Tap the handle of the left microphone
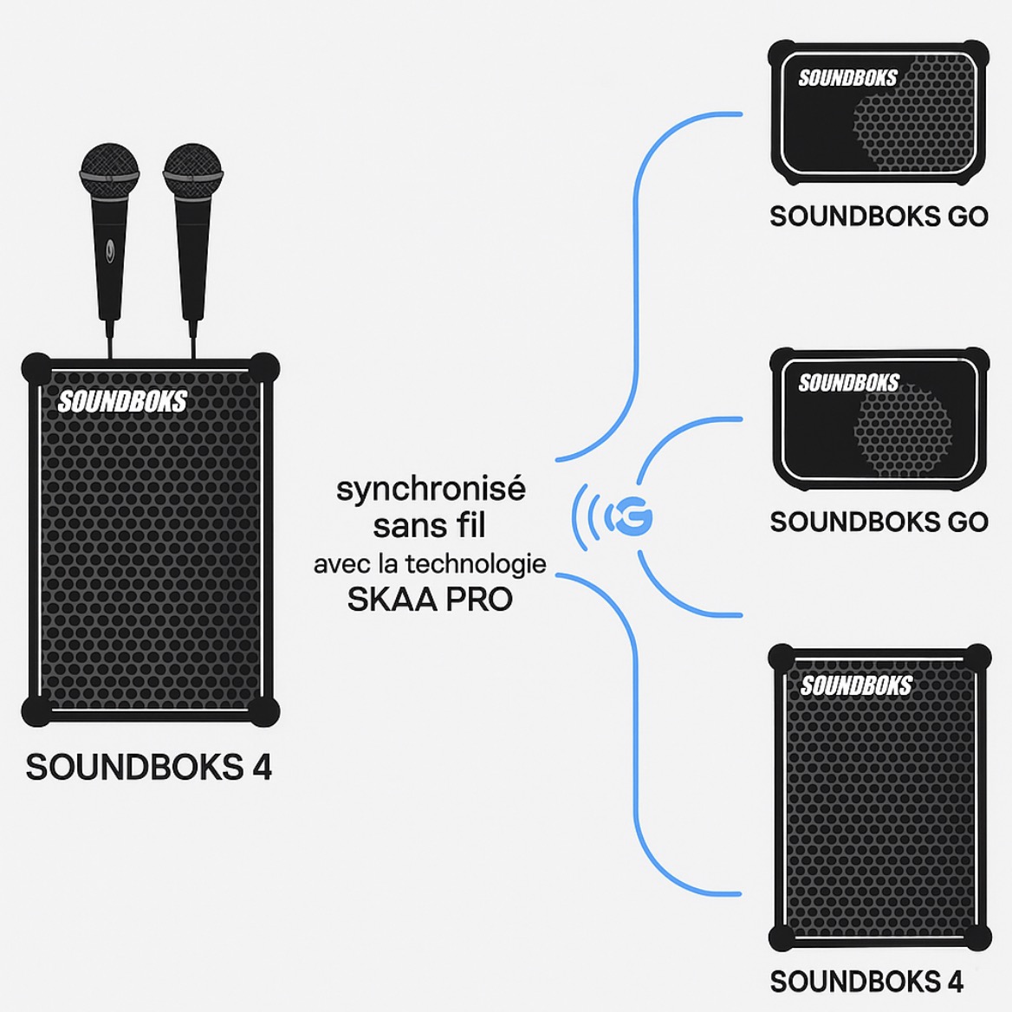pos(110,260)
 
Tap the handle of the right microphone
pos(191,260)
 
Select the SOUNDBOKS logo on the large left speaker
pos(122,401)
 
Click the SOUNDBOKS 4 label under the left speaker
pos(149,768)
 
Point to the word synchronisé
pos(431,490)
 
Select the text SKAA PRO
pos(430,600)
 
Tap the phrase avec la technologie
pos(430,564)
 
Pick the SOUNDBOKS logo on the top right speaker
pos(847,78)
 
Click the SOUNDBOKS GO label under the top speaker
pos(879,217)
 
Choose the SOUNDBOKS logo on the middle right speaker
pos(848,383)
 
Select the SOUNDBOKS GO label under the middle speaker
pos(879,522)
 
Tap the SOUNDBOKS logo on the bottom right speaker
pos(855,686)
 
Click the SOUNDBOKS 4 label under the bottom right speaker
pos(866,982)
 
